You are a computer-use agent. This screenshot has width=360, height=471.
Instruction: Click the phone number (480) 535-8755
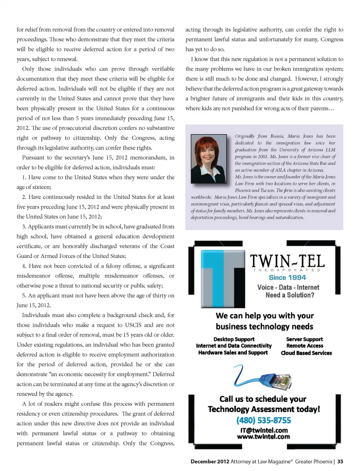pyautogui.click(x=264, y=420)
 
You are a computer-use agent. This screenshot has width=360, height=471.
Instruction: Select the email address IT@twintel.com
pyautogui.click(x=264, y=430)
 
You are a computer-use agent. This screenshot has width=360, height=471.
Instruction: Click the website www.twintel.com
pyautogui.click(x=263, y=436)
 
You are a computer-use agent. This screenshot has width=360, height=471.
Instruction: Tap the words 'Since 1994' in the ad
pyautogui.click(x=287, y=277)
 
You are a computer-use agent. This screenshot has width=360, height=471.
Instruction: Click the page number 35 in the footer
pyautogui.click(x=340, y=462)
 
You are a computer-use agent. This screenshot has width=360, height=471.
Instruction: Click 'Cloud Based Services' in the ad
pyautogui.click(x=306, y=353)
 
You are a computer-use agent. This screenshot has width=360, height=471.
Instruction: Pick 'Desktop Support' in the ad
pyautogui.click(x=234, y=339)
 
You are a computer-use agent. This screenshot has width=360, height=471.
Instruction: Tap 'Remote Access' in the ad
pyautogui.click(x=304, y=346)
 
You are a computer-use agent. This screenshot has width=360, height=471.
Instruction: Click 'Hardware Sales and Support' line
pyautogui.click(x=233, y=352)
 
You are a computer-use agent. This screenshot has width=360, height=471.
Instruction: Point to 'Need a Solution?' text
pyautogui.click(x=290, y=295)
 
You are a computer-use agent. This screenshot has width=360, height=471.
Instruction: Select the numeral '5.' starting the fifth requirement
pyautogui.click(x=24, y=295)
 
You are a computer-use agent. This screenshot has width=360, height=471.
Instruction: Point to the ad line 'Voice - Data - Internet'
pyautogui.click(x=288, y=287)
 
